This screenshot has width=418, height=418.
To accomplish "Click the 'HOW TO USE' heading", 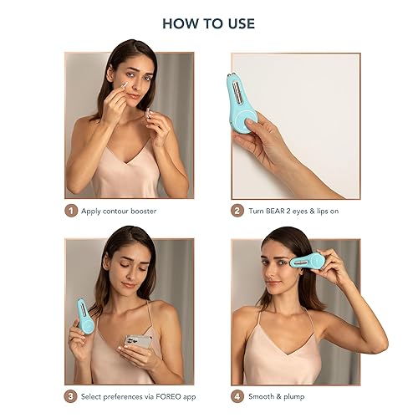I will tap(208, 23).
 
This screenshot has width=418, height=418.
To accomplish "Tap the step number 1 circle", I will tap(71, 211).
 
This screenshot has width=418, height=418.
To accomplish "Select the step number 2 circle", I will tap(237, 211).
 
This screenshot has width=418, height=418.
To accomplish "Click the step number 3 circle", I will tap(71, 397).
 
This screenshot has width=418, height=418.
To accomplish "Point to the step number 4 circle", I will tap(237, 397).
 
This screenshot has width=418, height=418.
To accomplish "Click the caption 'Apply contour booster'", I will tap(119, 211).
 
